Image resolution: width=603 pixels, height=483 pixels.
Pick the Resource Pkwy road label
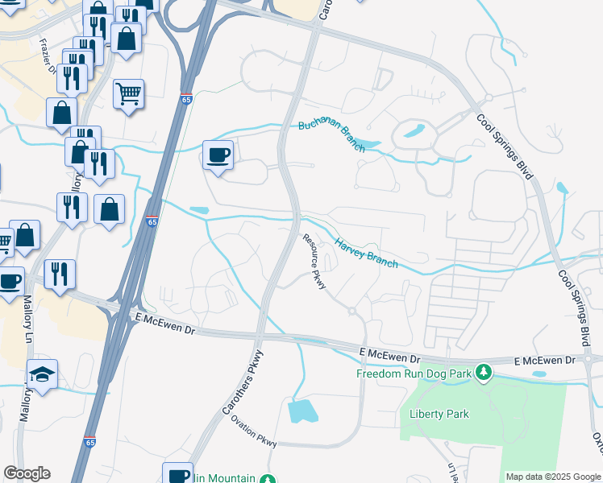[x=314, y=262]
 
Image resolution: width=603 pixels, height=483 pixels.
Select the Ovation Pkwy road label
[x=254, y=431]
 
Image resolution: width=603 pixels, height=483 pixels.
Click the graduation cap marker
[x=42, y=374]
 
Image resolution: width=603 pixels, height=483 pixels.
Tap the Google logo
[x=27, y=473]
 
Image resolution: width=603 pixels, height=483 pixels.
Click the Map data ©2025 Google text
[x=553, y=477]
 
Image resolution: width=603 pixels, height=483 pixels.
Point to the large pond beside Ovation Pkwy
[x=302, y=411]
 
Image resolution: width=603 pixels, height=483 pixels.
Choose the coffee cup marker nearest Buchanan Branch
[x=217, y=155]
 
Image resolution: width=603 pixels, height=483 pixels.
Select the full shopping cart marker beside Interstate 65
[x=128, y=94]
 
